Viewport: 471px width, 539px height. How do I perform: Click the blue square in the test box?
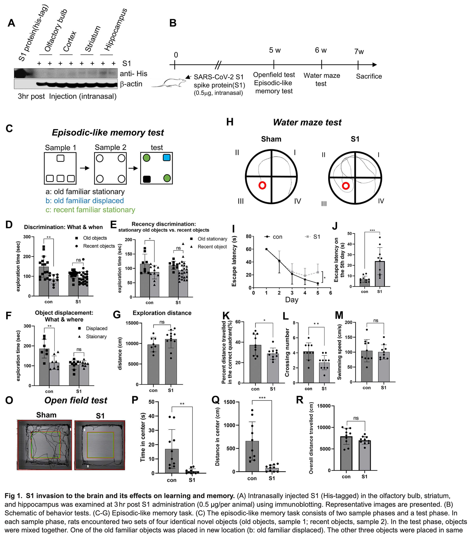coord(167,157)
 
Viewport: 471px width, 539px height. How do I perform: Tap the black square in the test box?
coord(147,179)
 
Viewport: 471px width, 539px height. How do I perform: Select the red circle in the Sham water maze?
coord(262,185)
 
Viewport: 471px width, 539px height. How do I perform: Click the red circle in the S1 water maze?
coord(346,186)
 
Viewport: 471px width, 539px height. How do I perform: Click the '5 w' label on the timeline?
coord(275,50)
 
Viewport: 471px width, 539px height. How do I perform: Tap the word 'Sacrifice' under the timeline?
coord(369,76)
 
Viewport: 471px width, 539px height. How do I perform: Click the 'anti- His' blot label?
coord(133,74)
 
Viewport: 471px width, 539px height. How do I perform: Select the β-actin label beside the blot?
coord(131,84)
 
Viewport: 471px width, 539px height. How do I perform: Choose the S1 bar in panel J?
coord(380,274)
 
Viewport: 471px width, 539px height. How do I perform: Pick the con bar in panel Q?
coord(252,456)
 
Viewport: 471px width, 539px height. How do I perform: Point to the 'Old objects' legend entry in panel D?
coord(95,238)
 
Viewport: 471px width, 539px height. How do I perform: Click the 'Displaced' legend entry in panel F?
coord(96,328)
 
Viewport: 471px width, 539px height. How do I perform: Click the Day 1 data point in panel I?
coord(266,249)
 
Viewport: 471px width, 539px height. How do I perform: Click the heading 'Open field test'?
coord(76,400)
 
